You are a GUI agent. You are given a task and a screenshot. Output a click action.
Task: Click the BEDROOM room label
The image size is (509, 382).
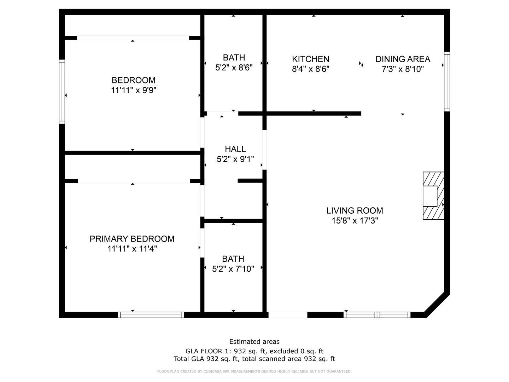133,80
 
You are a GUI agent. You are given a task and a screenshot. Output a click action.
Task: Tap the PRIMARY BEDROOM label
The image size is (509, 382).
132,239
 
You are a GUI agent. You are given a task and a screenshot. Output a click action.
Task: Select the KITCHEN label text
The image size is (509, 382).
310,59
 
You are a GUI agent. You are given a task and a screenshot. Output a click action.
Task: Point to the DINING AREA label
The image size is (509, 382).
403,59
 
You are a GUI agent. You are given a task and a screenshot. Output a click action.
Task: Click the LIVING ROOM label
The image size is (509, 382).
355,211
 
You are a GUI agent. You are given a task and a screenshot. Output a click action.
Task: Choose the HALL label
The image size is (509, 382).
235,149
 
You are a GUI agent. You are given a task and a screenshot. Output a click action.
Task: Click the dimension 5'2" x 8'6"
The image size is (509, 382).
234,68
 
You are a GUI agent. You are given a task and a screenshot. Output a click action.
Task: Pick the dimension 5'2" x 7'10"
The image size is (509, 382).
233,269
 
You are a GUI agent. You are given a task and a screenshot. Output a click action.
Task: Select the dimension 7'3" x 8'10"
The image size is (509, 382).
403,69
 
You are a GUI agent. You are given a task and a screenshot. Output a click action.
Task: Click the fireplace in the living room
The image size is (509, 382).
433,196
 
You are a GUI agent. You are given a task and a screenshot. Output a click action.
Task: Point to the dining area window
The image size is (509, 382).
447,81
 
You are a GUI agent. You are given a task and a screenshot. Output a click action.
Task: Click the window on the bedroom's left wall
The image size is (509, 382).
62,92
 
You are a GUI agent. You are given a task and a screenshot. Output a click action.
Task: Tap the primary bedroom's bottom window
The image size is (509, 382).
151,315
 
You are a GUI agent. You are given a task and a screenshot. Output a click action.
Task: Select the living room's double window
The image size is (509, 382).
377,315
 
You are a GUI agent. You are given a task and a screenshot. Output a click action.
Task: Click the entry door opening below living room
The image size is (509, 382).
288,315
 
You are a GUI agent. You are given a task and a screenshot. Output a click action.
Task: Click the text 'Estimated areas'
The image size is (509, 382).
254,342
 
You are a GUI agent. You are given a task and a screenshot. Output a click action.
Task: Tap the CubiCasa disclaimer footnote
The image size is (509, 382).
254,371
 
